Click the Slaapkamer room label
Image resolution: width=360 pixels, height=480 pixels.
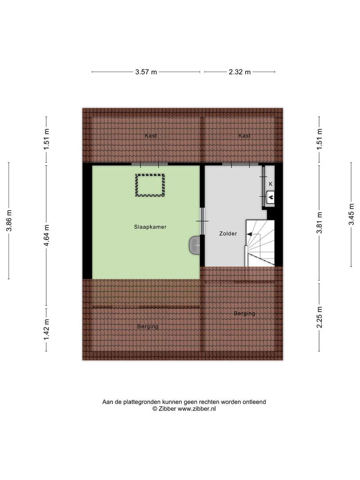pyautogui.click(x=150, y=227)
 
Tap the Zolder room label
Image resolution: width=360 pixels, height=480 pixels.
pyautogui.click(x=228, y=234)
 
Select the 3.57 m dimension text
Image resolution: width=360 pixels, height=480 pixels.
pyautogui.click(x=146, y=72)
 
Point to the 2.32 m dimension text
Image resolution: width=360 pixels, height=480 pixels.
pyautogui.click(x=240, y=72)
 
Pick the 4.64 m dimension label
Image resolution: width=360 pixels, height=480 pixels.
pyautogui.click(x=46, y=236)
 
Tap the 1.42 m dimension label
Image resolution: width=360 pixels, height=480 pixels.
pyautogui.click(x=46, y=329)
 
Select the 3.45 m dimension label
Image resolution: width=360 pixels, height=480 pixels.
pyautogui.click(x=351, y=214)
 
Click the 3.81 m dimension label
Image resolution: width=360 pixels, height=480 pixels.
pyautogui.click(x=319, y=223)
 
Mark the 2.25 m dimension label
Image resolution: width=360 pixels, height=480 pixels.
pyautogui.click(x=319, y=317)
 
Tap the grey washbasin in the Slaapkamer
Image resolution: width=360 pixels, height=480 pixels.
pyautogui.click(x=195, y=245)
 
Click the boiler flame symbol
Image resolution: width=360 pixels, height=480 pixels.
pyautogui.click(x=271, y=197)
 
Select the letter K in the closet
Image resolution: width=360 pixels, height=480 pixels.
pyautogui.click(x=271, y=184)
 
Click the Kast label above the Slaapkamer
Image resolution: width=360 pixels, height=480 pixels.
pyautogui.click(x=151, y=136)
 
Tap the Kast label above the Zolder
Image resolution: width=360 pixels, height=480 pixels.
pyautogui.click(x=244, y=136)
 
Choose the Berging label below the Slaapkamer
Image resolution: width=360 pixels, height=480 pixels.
pyautogui.click(x=148, y=327)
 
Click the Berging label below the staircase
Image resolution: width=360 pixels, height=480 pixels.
pyautogui.click(x=244, y=313)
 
